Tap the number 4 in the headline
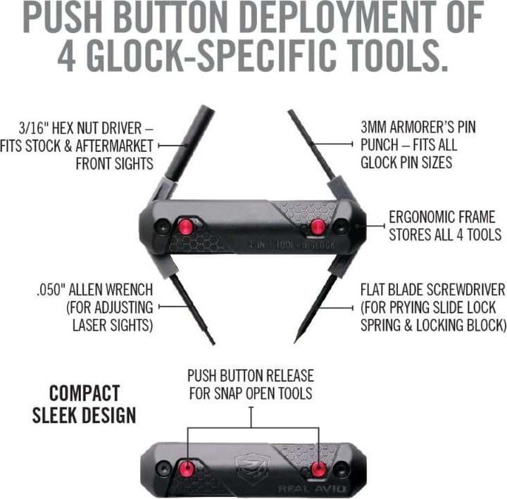[69, 56]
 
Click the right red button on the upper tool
[318, 226]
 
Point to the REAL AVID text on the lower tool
[303, 488]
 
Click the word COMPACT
[84, 392]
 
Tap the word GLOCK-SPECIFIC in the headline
[263, 56]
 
